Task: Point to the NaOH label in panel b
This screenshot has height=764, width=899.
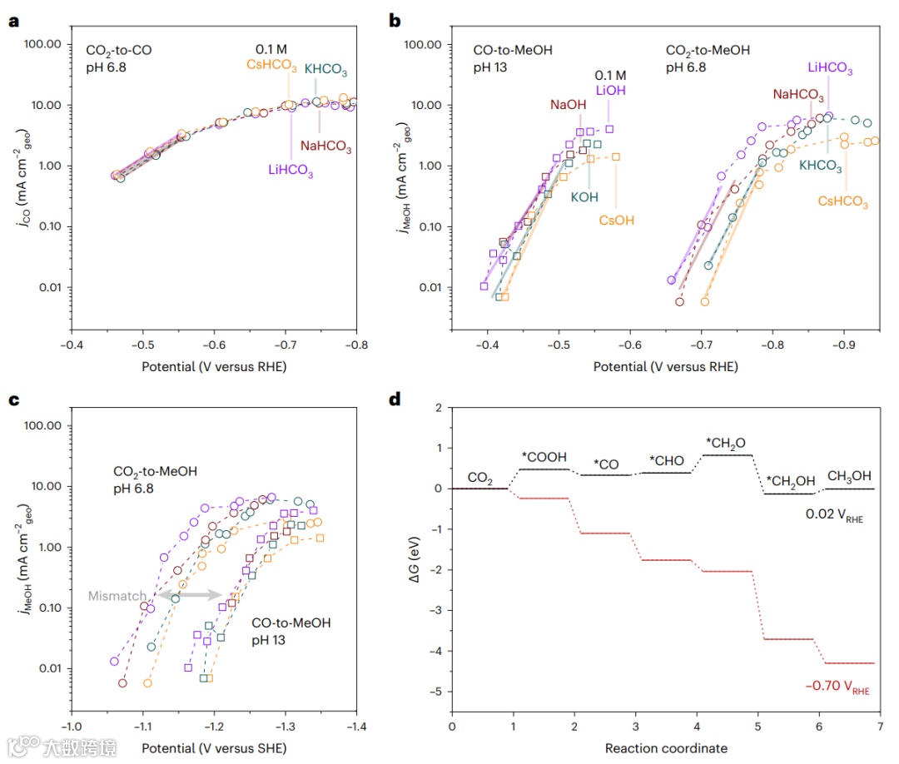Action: click(x=569, y=105)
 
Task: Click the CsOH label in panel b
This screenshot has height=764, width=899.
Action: click(x=616, y=221)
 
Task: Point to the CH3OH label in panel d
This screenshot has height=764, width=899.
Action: click(x=849, y=476)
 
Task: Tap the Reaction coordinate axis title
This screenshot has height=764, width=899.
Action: click(x=666, y=748)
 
